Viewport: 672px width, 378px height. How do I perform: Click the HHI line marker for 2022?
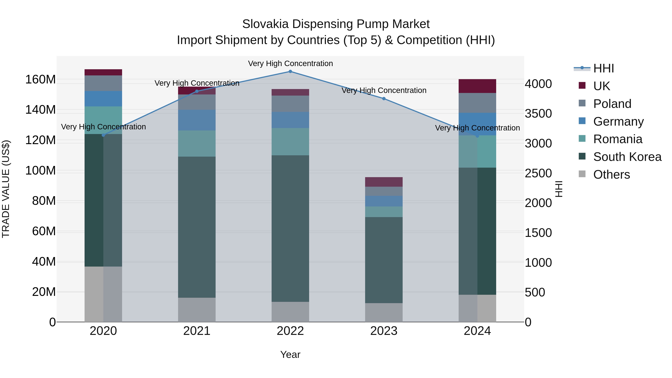coord(290,71)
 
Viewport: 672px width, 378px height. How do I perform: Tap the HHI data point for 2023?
coord(384,99)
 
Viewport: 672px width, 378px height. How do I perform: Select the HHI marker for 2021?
coord(197,91)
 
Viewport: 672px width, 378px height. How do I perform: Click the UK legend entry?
coord(602,86)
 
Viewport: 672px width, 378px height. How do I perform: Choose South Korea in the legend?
coord(627,157)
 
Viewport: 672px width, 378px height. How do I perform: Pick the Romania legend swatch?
coord(582,139)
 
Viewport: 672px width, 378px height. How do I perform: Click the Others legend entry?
coord(612,175)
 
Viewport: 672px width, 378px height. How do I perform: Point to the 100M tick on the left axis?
coord(41,171)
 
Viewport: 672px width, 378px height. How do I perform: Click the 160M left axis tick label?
coord(41,79)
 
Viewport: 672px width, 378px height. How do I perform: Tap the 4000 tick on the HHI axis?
coord(538,84)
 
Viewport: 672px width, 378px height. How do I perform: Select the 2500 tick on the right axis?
coord(538,173)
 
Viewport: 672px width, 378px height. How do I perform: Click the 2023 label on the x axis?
coord(384,331)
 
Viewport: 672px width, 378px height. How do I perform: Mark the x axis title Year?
coord(290,354)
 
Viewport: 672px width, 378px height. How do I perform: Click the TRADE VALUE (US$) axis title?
coord(6,189)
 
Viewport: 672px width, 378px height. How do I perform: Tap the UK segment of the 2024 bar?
coord(477,86)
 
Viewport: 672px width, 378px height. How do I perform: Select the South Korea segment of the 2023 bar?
coord(384,260)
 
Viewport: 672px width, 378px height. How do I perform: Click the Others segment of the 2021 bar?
coord(197,310)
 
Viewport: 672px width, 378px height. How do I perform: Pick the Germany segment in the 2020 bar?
coord(103,99)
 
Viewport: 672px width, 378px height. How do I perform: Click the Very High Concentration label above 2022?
coord(290,63)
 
